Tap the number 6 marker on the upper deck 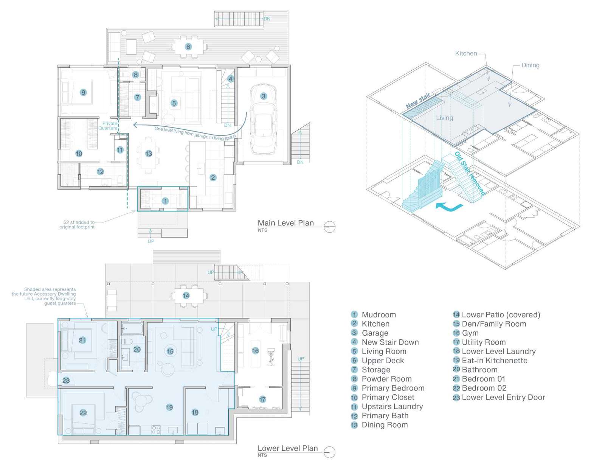pyautogui.click(x=188, y=47)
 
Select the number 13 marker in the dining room pyautogui.click(x=149, y=154)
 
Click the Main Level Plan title pyautogui.click(x=285, y=223)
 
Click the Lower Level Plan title pyautogui.click(x=287, y=448)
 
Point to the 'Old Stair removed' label pyautogui.click(x=469, y=173)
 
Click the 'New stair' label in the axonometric pyautogui.click(x=418, y=101)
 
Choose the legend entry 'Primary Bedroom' pyautogui.click(x=392, y=388)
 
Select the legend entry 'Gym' pyautogui.click(x=470, y=333)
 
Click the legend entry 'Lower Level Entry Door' pyautogui.click(x=503, y=397)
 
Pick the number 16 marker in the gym pyautogui.click(x=255, y=351)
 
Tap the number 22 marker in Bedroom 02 pyautogui.click(x=83, y=413)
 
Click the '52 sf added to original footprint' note pyautogui.click(x=78, y=225)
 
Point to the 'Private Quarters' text pyautogui.click(x=109, y=126)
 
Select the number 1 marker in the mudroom pyautogui.click(x=165, y=201)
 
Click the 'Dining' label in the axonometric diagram pyautogui.click(x=530, y=65)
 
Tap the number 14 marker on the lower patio pyautogui.click(x=186, y=295)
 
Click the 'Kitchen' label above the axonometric pyautogui.click(x=466, y=53)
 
